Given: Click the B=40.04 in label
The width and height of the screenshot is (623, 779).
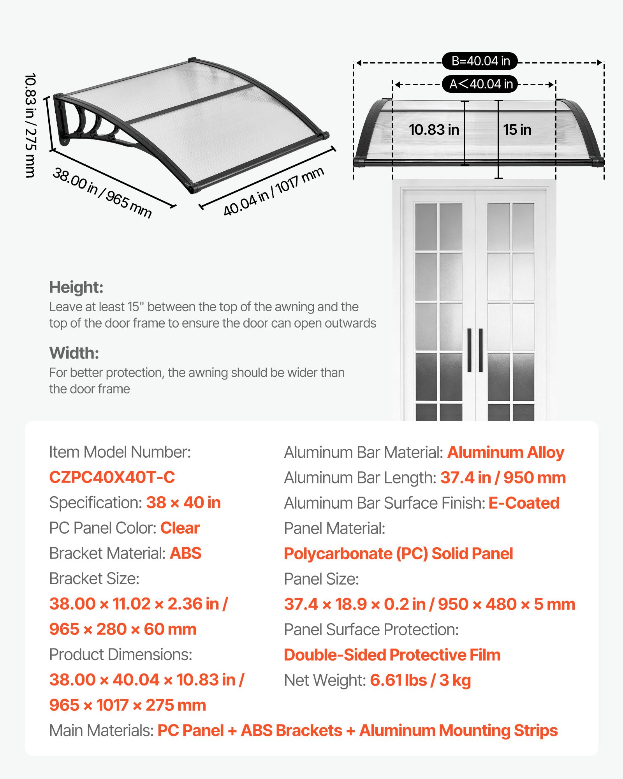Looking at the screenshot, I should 480,61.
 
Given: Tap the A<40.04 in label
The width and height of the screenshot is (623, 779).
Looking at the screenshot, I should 480,84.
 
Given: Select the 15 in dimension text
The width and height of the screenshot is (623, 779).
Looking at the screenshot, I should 517,130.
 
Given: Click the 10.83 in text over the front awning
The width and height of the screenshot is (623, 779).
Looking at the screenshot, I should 434,130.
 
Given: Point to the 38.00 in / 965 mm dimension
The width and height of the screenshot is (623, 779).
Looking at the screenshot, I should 102,192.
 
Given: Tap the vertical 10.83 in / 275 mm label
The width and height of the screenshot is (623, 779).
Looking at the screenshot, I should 30,125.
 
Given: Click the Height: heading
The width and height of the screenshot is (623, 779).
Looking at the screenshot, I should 76,287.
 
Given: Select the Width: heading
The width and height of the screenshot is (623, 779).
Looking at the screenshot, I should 74,353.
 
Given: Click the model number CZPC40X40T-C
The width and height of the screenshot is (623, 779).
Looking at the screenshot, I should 112,478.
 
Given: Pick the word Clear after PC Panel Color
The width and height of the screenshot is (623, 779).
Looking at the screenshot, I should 180,528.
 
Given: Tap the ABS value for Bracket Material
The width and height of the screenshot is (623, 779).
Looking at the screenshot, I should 185,553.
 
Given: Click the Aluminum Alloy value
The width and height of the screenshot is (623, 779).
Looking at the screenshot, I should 505,453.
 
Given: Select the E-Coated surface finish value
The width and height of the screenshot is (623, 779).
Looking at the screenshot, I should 524,503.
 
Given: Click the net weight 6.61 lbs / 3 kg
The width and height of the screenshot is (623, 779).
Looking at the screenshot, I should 420,680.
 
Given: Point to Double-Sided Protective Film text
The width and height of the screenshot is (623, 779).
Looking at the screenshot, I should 392,655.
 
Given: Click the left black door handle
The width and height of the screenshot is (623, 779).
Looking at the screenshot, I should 469,350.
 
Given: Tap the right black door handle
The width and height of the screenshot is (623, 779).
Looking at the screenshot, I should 481,350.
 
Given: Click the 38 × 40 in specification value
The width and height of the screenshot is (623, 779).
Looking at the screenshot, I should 183,503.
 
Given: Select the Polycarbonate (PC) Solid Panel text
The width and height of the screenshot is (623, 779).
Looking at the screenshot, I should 398,554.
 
